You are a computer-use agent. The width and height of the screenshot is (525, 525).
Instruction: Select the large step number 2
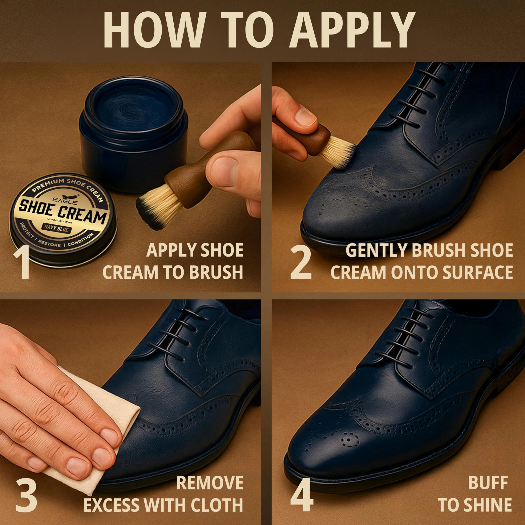(301, 261)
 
